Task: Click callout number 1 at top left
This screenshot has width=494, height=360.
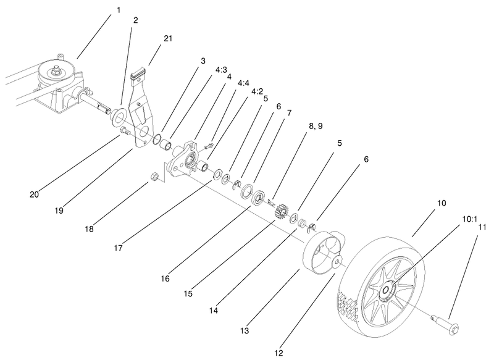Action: (x=119, y=10)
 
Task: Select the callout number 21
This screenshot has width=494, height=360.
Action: (x=169, y=38)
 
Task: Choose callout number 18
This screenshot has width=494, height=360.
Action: (x=90, y=229)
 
